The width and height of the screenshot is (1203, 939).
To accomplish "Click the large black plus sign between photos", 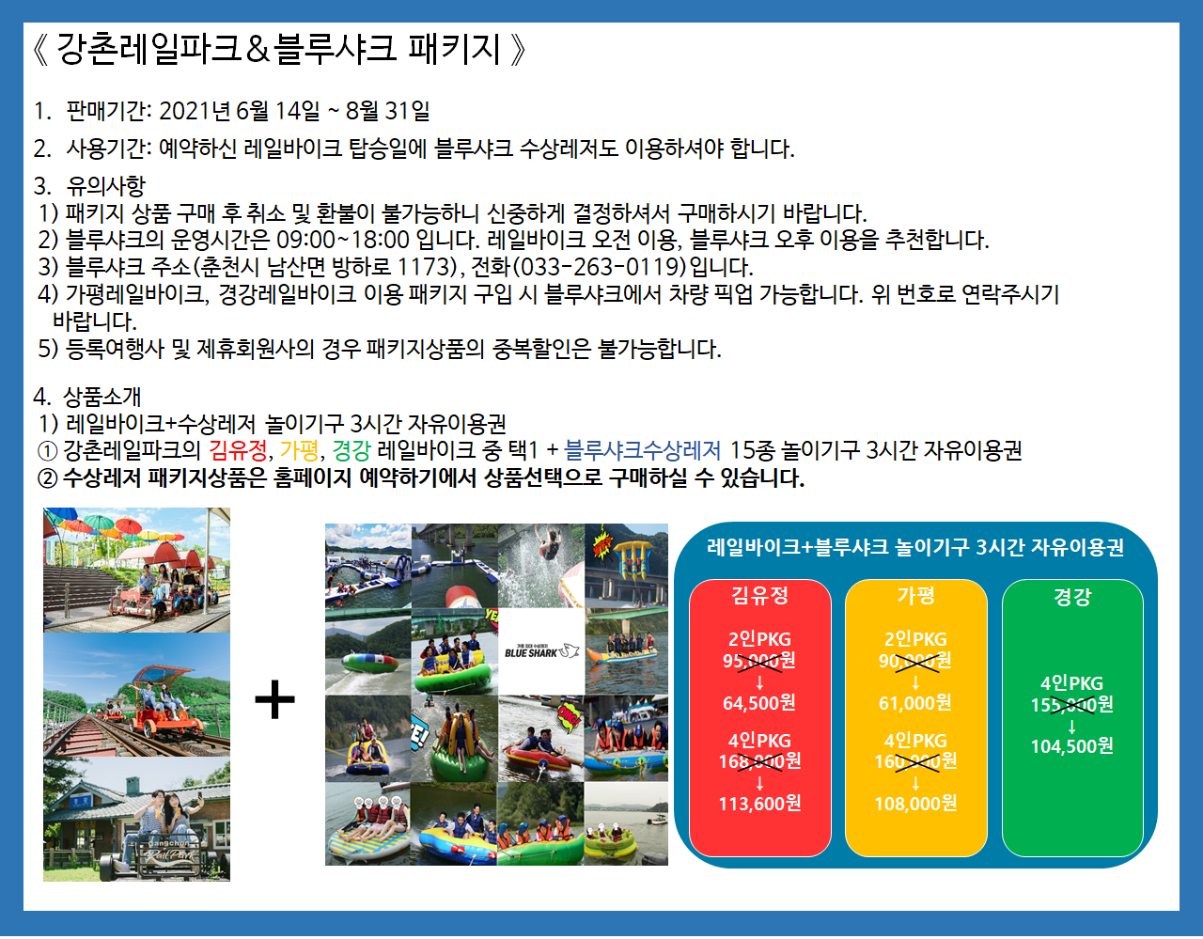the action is [x=274, y=699].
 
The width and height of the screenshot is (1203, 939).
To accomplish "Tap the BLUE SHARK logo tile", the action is [x=540, y=651].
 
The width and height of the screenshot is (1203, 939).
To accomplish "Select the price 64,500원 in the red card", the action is [x=759, y=703].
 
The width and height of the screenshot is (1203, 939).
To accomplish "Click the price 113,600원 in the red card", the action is [x=759, y=804].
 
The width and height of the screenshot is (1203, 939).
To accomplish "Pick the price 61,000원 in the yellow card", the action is [x=915, y=703].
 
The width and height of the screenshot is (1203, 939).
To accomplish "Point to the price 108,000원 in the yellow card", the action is [x=915, y=804].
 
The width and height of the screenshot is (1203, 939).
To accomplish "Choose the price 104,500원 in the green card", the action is [x=1071, y=746].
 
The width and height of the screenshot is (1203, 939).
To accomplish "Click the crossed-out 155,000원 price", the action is [x=1071, y=705].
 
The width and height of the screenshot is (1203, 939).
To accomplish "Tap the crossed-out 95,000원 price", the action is [x=759, y=661].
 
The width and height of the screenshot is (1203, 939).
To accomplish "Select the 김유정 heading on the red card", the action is [x=759, y=596].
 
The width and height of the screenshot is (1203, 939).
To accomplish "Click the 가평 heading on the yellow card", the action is [x=915, y=596].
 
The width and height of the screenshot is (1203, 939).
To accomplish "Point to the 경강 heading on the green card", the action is [x=1072, y=597].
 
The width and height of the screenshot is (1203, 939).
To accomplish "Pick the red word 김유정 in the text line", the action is [x=238, y=450].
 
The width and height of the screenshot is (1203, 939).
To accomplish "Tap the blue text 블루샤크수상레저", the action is [x=642, y=450].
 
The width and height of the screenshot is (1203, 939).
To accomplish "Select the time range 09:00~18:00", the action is [x=343, y=240].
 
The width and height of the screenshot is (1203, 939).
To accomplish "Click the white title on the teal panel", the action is [x=915, y=547].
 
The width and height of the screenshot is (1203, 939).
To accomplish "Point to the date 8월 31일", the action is [x=387, y=111].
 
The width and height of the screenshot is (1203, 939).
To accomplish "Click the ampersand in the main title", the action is [x=257, y=50].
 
